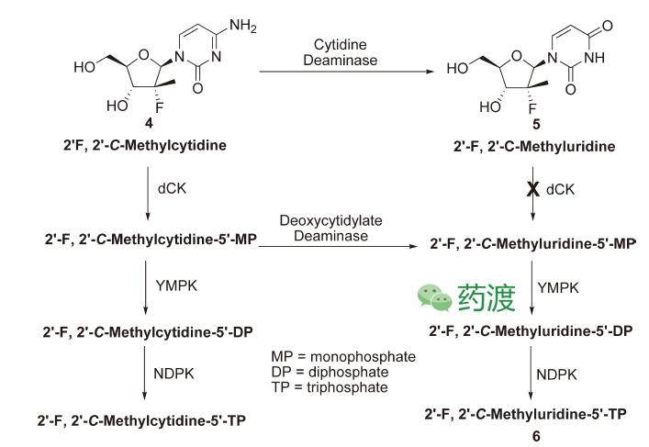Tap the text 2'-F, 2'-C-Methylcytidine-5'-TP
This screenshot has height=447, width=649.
140,420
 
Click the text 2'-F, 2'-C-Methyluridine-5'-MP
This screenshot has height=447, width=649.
532,246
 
